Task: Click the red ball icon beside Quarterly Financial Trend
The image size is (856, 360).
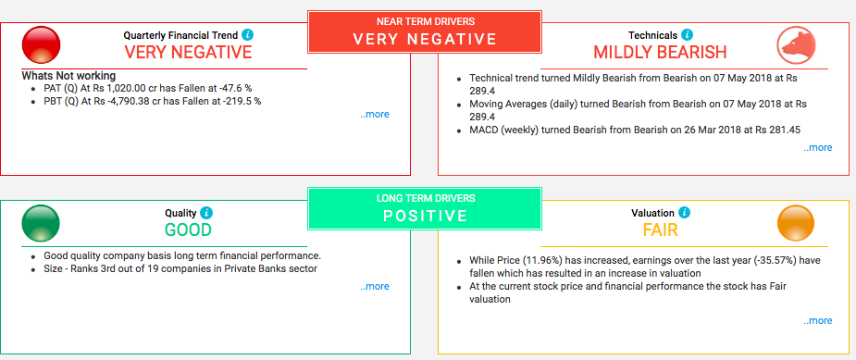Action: coord(41,44)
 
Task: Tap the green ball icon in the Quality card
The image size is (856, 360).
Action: coord(41,223)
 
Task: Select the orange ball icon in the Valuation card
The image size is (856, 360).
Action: coord(796,223)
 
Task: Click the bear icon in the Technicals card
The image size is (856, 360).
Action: coord(797,44)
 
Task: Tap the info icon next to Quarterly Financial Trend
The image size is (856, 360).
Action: coord(247,35)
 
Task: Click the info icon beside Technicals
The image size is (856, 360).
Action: coord(687,35)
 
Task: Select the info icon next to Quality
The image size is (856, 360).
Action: coord(206,213)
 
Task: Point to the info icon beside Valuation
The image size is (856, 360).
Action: coord(685,213)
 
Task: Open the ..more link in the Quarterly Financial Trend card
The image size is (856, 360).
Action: coord(375,115)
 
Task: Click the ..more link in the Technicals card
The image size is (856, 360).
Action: coord(818,147)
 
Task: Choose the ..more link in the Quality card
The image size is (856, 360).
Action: coord(375,286)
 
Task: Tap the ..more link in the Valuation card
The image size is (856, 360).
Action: coord(818,320)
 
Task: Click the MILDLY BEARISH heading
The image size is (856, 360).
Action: coord(660,53)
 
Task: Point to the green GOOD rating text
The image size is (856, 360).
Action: coord(188,230)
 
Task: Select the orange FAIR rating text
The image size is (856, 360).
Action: coord(660,230)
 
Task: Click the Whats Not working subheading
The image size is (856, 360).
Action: coord(68,76)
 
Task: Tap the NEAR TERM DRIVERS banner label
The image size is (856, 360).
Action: coord(426,22)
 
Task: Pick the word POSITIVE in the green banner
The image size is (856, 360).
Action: coord(426,216)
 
